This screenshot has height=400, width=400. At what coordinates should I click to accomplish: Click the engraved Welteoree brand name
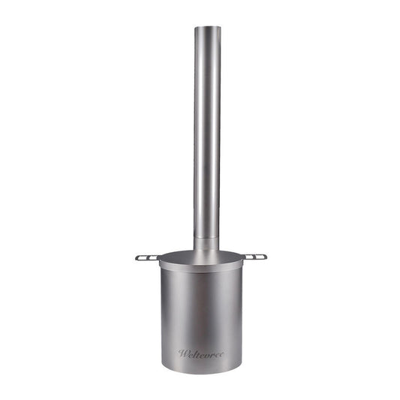(x=200, y=353)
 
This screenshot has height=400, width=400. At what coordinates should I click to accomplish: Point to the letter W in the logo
(x=182, y=353)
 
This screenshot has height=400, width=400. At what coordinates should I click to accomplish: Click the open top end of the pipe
(x=206, y=29)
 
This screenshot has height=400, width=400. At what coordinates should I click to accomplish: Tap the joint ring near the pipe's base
(x=206, y=239)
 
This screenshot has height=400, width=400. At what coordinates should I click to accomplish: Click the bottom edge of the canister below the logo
(x=200, y=371)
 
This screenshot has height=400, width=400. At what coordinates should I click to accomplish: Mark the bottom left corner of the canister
(x=162, y=365)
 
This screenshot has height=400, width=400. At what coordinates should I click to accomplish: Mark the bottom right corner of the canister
(x=240, y=365)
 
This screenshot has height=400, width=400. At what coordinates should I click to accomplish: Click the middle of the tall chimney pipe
(x=206, y=135)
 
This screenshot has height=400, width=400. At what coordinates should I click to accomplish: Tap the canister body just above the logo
(x=200, y=330)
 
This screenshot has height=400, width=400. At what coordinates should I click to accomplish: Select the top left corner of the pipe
(x=195, y=29)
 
